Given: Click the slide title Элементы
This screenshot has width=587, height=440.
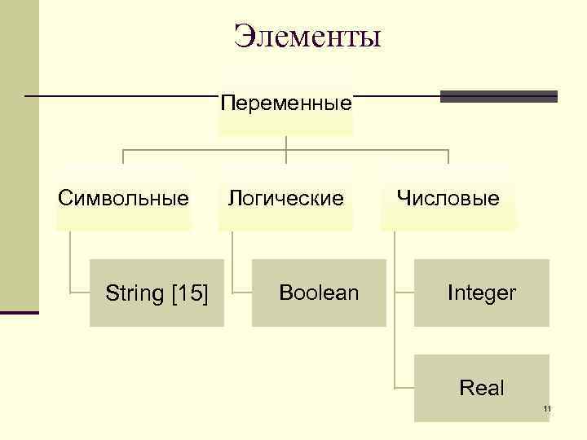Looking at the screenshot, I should pyautogui.click(x=307, y=37).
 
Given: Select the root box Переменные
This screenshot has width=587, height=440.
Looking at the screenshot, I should pyautogui.click(x=286, y=104).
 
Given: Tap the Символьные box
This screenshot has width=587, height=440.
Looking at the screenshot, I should pyautogui.click(x=123, y=198).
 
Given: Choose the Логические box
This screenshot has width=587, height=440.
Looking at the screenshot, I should pyautogui.click(x=285, y=198).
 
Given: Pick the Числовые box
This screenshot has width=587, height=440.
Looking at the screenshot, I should pyautogui.click(x=448, y=198).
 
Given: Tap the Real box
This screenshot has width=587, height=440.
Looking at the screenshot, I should pyautogui.click(x=482, y=389).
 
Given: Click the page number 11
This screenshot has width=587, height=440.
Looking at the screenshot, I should pyautogui.click(x=547, y=408).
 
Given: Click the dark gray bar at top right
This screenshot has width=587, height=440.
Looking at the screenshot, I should pyautogui.click(x=498, y=96).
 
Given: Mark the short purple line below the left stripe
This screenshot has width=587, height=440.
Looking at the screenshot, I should pyautogui.click(x=19, y=312).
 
